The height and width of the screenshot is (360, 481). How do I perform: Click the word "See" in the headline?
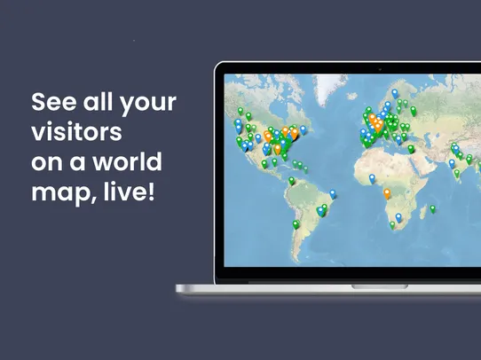click(x=51, y=101)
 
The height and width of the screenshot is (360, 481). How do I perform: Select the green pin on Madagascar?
click(x=432, y=208)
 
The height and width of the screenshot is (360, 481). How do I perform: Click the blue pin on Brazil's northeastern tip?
click(x=333, y=192)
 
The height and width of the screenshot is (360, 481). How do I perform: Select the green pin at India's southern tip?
click(x=458, y=173)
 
